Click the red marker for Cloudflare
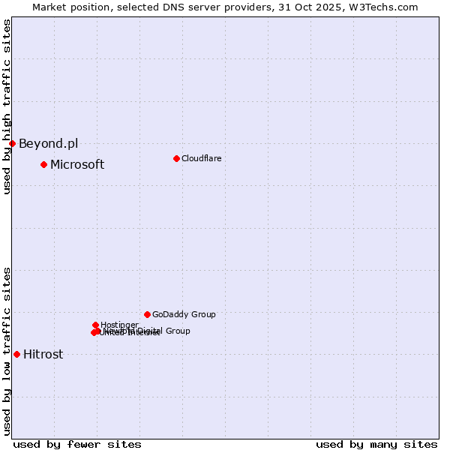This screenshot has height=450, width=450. [176, 158]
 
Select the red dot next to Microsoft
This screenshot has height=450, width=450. [43, 164]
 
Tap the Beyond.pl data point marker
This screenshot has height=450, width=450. [12, 143]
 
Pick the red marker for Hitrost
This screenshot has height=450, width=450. [16, 354]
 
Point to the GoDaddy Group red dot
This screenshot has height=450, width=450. [147, 314]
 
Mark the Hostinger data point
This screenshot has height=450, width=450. [95, 325]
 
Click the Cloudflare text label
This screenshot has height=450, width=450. [201, 158]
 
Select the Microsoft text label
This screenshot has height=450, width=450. [77, 165]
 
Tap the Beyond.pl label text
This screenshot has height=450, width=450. [48, 144]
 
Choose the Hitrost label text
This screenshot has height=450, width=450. [43, 355]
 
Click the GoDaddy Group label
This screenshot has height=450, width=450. [184, 315]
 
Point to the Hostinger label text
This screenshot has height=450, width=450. [119, 325]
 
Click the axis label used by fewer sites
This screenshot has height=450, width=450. [77, 444]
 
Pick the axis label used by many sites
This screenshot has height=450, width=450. [376, 444]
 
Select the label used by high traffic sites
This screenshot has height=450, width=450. [7, 106]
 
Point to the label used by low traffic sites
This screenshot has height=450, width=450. [7, 351]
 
